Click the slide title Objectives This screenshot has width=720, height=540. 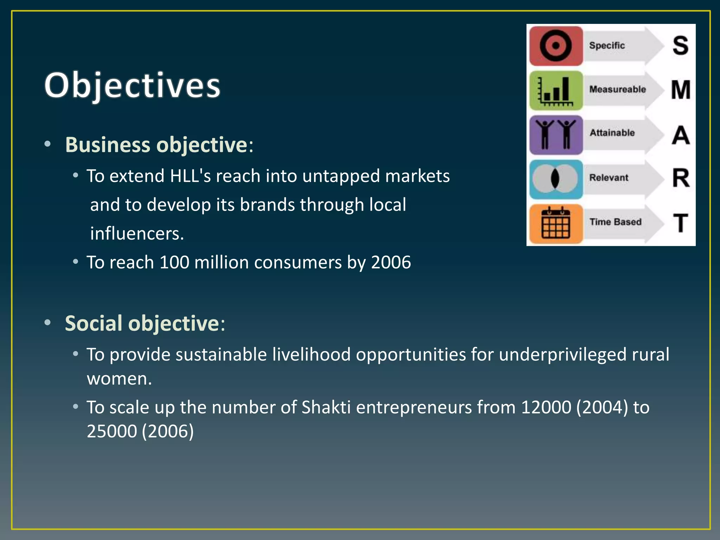(x=132, y=85)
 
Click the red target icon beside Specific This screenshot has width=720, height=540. (x=556, y=46)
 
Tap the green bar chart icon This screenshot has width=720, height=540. (x=556, y=90)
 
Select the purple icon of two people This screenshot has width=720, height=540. (x=556, y=135)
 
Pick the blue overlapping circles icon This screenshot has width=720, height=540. (x=556, y=179)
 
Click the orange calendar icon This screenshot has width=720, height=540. (x=556, y=224)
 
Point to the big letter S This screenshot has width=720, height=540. (x=680, y=45)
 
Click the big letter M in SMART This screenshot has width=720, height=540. (x=681, y=90)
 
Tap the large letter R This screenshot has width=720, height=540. (x=681, y=178)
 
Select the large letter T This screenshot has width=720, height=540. (x=681, y=223)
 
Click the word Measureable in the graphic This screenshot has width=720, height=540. (x=617, y=89)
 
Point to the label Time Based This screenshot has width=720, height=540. (x=615, y=222)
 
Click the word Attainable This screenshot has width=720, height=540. (x=612, y=133)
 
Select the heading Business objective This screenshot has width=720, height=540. (x=156, y=145)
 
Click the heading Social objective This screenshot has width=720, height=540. (x=142, y=323)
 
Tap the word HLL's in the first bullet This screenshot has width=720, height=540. (x=190, y=176)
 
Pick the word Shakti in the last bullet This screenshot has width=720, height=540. (x=326, y=407)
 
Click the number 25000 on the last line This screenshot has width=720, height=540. (x=112, y=431)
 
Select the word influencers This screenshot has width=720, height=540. (x=137, y=233)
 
